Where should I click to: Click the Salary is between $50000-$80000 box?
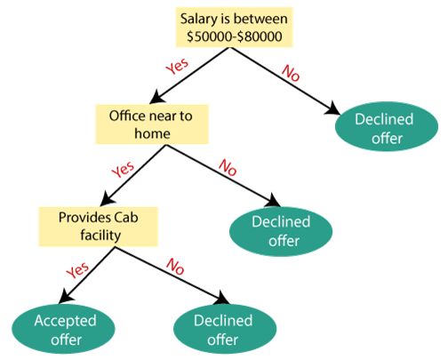[235, 28]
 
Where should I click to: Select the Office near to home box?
[152, 124]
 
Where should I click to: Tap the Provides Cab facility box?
[99, 227]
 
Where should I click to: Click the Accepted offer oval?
[63, 329]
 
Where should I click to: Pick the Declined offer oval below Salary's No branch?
[387, 126]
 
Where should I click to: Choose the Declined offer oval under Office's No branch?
[281, 231]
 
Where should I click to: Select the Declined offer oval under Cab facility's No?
[225, 329]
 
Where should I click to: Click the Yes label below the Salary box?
[177, 66]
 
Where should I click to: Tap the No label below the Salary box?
[291, 73]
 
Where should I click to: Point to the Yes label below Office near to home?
[123, 170]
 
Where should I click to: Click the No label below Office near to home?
[228, 167]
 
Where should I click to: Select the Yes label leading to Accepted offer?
[77, 270]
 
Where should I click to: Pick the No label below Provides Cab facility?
[175, 266]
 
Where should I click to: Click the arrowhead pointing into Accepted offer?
[66, 297]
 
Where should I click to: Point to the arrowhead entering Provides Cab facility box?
[108, 199]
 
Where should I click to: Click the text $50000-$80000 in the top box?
[235, 36]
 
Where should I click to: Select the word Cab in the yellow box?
[126, 218]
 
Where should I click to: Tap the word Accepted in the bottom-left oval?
[65, 321]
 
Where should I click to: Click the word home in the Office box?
[152, 133]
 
